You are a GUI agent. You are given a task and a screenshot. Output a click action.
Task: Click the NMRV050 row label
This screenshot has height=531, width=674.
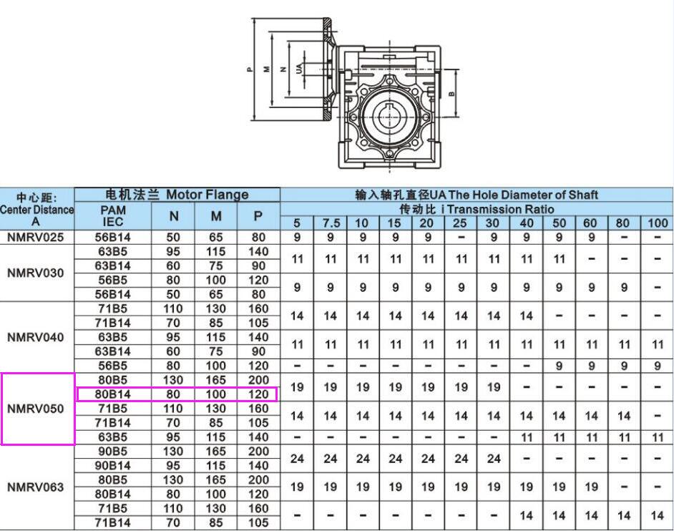click(36, 409)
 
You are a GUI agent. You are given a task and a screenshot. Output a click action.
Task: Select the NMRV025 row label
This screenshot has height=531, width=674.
click(36, 237)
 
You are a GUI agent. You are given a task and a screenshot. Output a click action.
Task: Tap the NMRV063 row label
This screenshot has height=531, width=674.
click(36, 487)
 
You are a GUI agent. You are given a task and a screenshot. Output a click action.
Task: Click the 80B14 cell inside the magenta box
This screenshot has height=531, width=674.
click(113, 394)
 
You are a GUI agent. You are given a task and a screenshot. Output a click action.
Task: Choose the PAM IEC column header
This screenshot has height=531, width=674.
click(113, 215)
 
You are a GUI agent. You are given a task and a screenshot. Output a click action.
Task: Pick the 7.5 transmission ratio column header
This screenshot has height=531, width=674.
click(330, 223)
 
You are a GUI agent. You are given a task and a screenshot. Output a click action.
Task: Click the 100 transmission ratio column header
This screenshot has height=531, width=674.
click(657, 223)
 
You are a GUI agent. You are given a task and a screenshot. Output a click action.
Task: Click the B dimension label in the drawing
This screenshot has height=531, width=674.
click(451, 93)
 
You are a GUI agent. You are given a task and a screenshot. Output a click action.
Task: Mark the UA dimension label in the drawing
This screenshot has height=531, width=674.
click(298, 69)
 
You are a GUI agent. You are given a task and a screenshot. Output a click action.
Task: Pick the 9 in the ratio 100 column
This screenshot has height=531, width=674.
click(657, 366)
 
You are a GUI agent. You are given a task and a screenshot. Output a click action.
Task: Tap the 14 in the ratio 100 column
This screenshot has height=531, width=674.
click(657, 515)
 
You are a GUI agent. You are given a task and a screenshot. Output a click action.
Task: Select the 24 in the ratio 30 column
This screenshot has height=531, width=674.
click(494, 459)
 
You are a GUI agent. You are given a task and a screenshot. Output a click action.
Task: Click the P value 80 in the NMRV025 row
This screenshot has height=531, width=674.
click(258, 237)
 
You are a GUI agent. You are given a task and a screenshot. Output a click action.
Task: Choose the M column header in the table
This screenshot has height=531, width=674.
click(215, 215)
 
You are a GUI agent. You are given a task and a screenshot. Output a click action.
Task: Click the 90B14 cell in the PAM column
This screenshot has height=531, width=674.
click(113, 466)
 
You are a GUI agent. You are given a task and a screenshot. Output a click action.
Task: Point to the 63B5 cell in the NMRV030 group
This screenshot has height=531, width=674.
click(113, 251)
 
